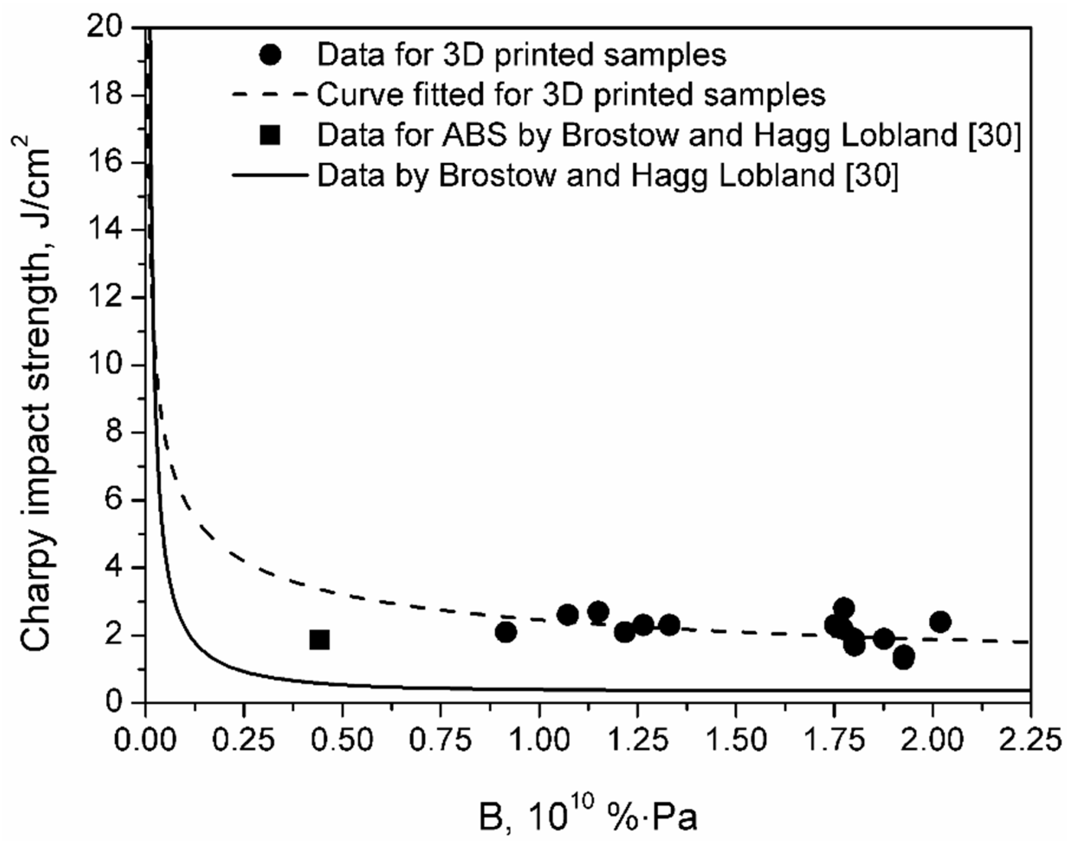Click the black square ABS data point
tap(319, 640)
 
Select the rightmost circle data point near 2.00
tap(940, 621)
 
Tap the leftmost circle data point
tap(505, 632)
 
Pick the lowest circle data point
tap(904, 658)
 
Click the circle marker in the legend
tap(271, 55)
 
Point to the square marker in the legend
tap(271, 135)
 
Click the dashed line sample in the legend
tap(271, 94)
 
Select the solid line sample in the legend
tap(271, 175)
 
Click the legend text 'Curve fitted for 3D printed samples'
tap(571, 94)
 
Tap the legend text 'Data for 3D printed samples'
tap(521, 55)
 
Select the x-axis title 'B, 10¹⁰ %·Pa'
tap(588, 817)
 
